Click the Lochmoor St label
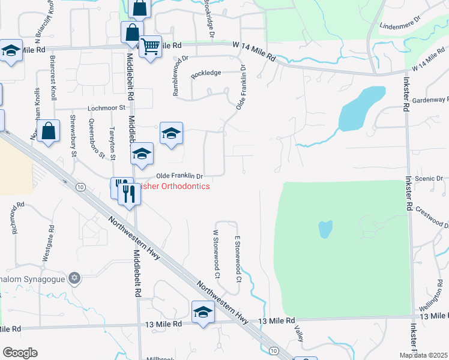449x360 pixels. tap(106, 108)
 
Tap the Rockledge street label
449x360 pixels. tap(206, 73)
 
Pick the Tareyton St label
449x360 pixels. tap(112, 143)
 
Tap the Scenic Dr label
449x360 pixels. tap(432, 179)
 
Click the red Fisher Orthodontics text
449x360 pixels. tap(173, 187)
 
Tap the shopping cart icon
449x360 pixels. tap(150, 46)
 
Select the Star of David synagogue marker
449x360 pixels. tap(74, 278)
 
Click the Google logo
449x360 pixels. tap(19, 352)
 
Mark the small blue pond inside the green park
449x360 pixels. tap(325, 229)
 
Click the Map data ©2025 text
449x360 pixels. tap(423, 355)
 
